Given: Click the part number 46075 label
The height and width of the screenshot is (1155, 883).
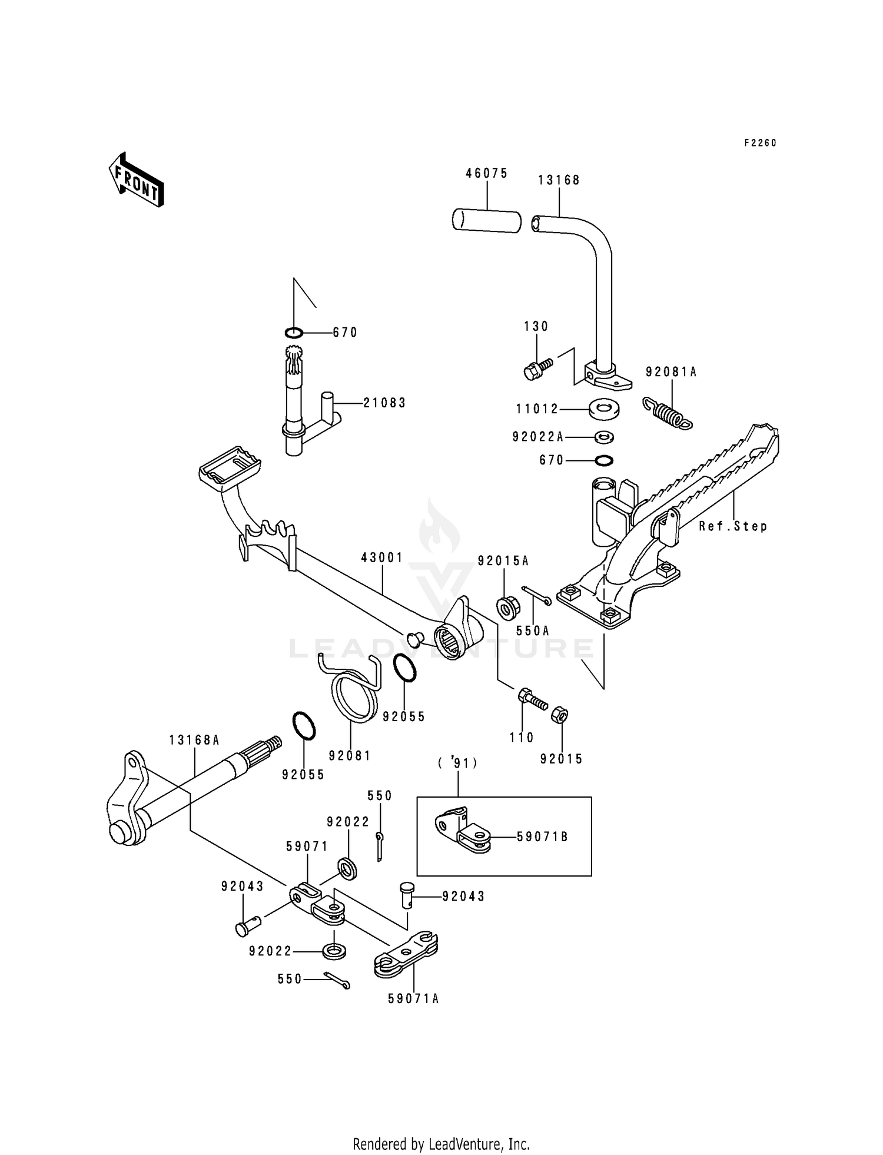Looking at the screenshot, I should click(486, 173).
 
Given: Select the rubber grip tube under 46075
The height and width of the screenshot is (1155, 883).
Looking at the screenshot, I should click(486, 220).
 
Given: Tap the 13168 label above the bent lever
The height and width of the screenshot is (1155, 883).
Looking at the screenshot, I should click(559, 180).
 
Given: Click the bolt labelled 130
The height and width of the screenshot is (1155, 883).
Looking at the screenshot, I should click(537, 369).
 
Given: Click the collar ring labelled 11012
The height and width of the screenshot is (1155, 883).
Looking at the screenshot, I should click(603, 408).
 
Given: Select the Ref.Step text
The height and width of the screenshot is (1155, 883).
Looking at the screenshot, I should click(733, 526).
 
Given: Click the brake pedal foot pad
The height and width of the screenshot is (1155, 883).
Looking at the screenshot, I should click(230, 467).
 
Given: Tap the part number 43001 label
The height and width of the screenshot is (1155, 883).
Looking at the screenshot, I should click(382, 557).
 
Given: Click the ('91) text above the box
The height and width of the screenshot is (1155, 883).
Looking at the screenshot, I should click(457, 763).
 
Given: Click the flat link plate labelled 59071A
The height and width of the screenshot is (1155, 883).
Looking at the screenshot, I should click(406, 960).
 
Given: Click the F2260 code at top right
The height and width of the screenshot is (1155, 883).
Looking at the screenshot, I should click(760, 143).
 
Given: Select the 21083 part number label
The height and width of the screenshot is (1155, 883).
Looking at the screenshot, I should click(384, 403).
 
